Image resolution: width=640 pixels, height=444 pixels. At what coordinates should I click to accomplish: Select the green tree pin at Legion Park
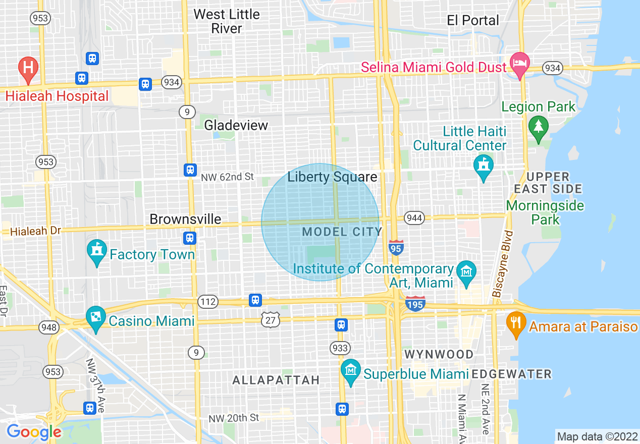point(538,126)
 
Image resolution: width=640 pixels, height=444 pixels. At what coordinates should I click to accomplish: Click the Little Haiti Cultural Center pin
point(483,165)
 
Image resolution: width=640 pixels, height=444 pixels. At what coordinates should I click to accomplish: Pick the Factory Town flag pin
point(96,252)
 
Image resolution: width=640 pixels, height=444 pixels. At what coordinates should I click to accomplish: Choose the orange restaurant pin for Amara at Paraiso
point(515,322)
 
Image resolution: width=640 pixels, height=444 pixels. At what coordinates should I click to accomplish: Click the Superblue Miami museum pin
point(350,371)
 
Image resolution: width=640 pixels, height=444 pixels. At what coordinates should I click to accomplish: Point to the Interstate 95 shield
point(396,247)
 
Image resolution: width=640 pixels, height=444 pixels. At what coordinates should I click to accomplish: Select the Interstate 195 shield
point(415,303)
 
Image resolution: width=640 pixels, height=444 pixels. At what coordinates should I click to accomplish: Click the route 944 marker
point(414,218)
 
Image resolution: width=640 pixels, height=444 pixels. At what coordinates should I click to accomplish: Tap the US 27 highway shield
point(271,319)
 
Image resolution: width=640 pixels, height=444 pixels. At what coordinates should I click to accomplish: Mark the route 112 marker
point(207,302)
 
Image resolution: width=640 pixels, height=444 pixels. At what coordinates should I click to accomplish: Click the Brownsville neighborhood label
point(185,219)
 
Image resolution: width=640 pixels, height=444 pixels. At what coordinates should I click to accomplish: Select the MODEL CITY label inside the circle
point(342,232)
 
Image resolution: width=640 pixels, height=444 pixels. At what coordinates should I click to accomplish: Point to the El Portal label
point(473,20)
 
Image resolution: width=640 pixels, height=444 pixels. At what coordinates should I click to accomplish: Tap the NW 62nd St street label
point(227,177)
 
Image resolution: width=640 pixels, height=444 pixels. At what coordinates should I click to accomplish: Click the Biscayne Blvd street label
point(504,263)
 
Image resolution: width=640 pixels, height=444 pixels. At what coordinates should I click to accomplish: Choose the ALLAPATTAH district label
point(276,380)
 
